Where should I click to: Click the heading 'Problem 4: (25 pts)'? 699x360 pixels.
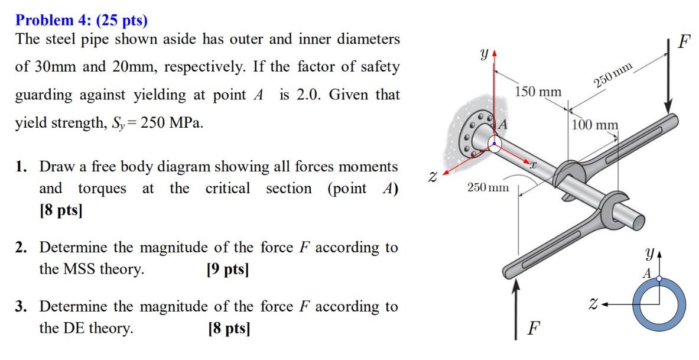pos(82,21)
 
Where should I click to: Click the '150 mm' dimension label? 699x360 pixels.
pos(538,92)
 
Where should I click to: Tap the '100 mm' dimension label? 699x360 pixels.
pos(595,125)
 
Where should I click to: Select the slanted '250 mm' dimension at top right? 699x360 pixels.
pos(613,76)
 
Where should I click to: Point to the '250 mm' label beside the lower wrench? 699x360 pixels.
pos(487,187)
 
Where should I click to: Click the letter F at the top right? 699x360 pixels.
pos(684,43)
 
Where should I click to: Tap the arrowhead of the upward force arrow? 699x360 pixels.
pos(517,285)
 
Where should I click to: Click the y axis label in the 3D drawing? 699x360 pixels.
pos(484,54)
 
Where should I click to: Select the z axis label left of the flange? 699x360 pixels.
pos(433,176)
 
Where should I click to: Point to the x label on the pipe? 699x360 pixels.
pos(532,167)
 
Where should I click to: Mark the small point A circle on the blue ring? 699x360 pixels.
pos(659,278)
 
